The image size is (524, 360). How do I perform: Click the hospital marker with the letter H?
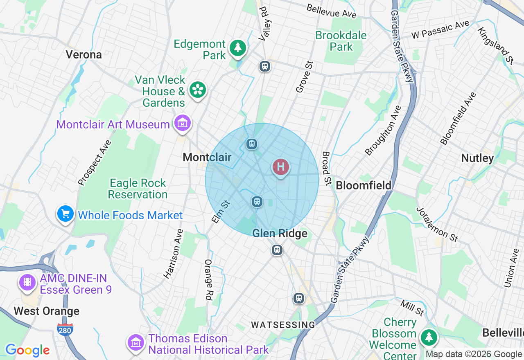[x=281, y=167]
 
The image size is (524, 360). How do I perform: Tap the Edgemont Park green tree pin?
[x=237, y=47]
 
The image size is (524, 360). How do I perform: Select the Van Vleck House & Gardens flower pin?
[x=198, y=89]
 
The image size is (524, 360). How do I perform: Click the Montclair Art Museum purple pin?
[x=182, y=122]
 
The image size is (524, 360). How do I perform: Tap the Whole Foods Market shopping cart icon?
[x=65, y=214]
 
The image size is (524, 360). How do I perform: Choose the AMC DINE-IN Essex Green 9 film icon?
[x=27, y=282]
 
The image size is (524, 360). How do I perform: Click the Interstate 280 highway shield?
[x=65, y=329]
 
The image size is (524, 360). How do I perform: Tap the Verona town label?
[x=84, y=54]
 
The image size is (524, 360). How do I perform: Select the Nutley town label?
[x=477, y=158]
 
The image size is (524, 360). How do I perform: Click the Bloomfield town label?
[x=364, y=185]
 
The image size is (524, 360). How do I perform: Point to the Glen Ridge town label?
[x=280, y=234]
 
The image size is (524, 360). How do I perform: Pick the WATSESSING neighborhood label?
[x=283, y=325]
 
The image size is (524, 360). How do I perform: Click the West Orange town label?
[x=47, y=311]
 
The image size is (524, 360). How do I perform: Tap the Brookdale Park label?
[x=341, y=41]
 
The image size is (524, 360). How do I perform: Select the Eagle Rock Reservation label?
[x=138, y=189]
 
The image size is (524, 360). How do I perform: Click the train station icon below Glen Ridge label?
[x=277, y=250]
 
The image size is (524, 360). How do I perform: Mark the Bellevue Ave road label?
[x=332, y=11]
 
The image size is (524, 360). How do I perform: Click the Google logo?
[x=27, y=350]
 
